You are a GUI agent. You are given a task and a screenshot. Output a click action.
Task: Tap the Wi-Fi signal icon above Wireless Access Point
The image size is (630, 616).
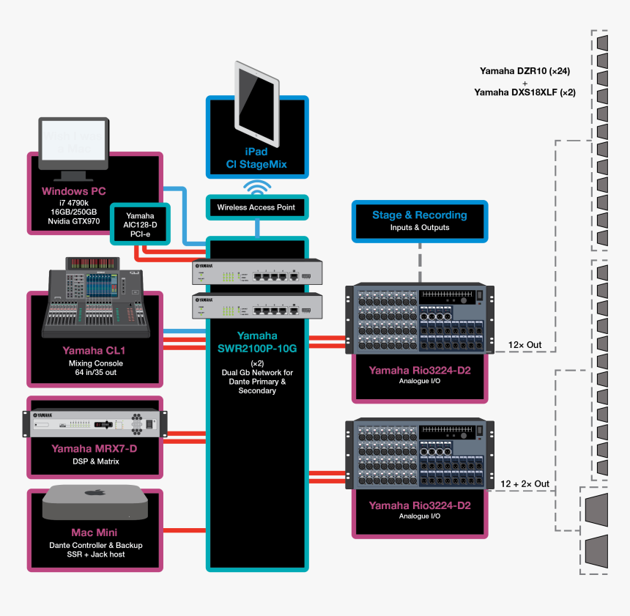click(256, 186)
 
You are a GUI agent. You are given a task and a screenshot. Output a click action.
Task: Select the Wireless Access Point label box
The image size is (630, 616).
click(256, 207)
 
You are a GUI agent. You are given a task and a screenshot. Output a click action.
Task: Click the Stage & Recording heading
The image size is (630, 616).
click(419, 215)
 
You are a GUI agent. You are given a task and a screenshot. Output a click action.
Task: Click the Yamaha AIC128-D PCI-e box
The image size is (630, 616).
click(140, 223)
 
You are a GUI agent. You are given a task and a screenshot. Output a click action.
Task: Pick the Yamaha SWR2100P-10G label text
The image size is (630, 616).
click(256, 342)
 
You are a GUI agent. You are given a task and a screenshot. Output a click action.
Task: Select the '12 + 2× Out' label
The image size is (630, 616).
click(525, 484)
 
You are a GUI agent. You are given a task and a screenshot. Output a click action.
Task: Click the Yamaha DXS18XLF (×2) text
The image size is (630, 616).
click(525, 92)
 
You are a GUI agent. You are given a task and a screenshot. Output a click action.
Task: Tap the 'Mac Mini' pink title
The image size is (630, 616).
click(94, 532)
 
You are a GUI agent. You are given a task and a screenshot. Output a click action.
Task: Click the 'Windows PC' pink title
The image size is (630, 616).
click(74, 191)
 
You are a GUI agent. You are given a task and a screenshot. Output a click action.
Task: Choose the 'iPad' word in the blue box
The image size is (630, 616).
click(256, 152)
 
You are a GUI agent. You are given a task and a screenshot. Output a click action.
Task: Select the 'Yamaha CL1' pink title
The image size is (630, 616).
click(96, 350)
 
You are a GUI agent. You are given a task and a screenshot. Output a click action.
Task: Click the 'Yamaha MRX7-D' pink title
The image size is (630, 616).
click(95, 448)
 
